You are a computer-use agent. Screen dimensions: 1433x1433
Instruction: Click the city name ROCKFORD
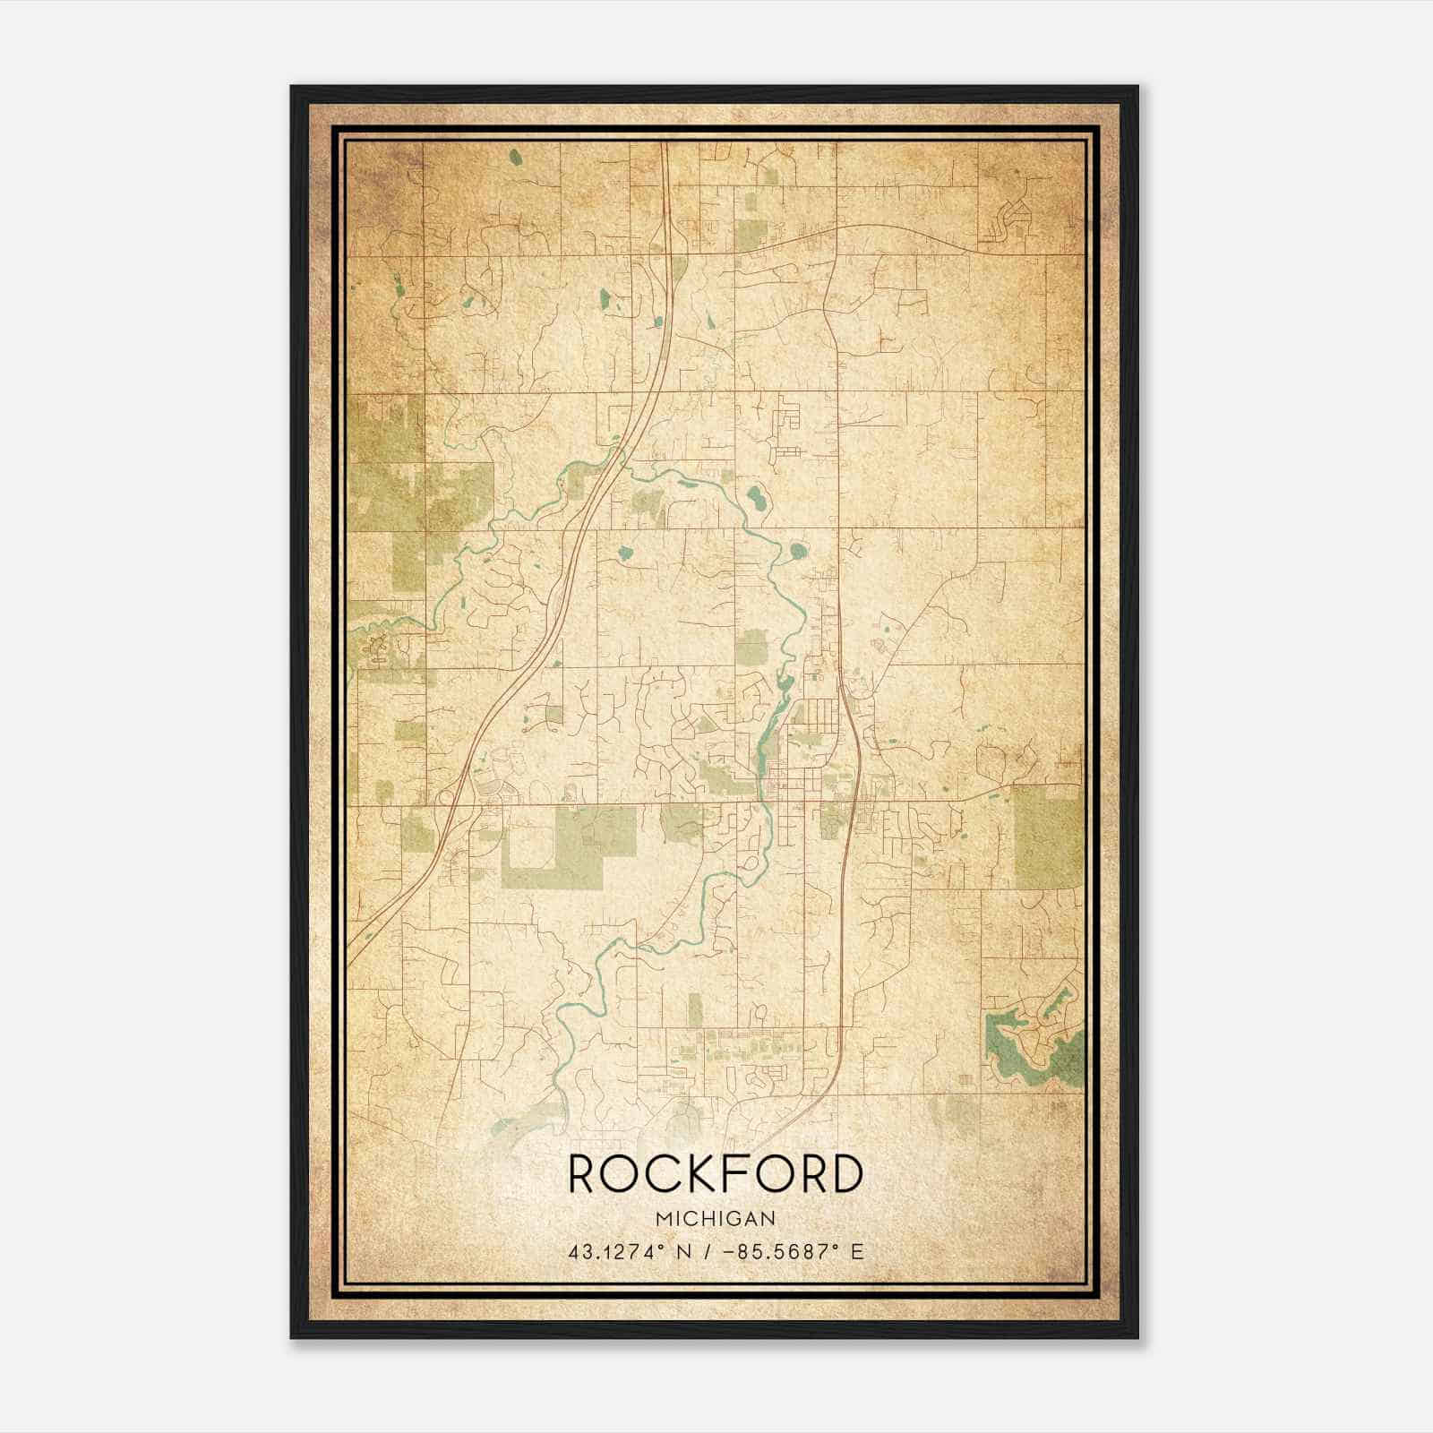click(x=716, y=1174)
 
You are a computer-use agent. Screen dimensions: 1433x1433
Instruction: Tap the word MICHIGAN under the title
click(x=716, y=1218)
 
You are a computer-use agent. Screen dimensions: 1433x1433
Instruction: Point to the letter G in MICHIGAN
click(x=734, y=1218)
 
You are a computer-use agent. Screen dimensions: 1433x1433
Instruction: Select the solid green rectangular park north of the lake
click(x=1048, y=833)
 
